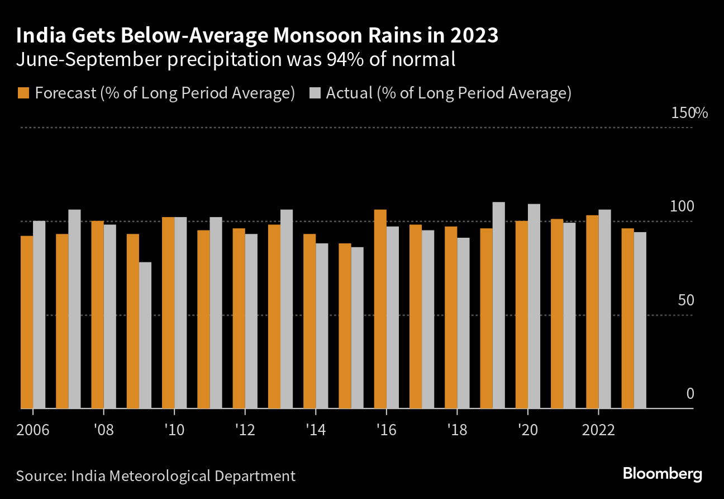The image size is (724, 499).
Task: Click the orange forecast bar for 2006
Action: (x=27, y=322)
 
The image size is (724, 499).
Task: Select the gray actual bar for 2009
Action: (x=145, y=335)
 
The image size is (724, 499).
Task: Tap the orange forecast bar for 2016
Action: (x=380, y=309)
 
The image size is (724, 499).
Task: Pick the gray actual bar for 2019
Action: (x=499, y=305)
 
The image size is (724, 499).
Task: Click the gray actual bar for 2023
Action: (x=640, y=320)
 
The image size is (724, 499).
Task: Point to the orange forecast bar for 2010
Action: (x=168, y=313)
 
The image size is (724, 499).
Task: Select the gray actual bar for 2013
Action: (x=287, y=309)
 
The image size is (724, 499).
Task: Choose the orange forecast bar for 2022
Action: (x=592, y=312)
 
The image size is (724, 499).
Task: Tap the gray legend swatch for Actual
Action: (x=314, y=93)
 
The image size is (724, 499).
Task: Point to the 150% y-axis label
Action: (x=689, y=113)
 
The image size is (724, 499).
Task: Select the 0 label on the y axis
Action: (x=690, y=394)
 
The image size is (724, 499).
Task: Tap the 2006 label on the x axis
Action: (x=33, y=430)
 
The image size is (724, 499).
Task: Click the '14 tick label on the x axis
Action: (x=315, y=430)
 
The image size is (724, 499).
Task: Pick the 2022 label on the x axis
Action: (x=598, y=430)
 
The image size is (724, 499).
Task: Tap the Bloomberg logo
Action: (x=663, y=474)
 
